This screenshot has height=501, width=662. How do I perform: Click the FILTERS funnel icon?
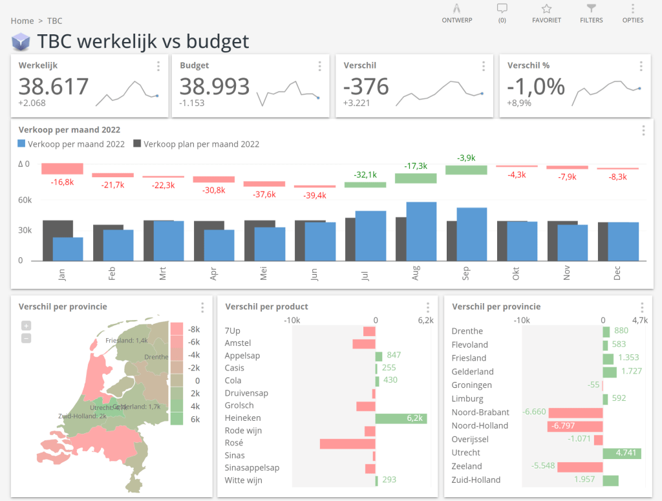(591, 9)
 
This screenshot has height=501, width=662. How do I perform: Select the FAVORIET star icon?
(546, 9)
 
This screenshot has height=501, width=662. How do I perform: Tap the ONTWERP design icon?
(456, 9)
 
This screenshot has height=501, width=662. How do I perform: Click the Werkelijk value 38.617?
(53, 86)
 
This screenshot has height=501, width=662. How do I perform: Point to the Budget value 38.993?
(215, 86)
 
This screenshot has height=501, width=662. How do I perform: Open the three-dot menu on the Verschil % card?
(641, 66)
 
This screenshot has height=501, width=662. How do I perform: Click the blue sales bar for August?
(421, 231)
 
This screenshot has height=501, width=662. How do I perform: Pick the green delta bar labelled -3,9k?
(466, 169)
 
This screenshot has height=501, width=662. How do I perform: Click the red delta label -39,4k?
(315, 196)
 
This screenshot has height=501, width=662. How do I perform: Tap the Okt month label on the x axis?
(516, 274)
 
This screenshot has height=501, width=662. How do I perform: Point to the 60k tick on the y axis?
(25, 200)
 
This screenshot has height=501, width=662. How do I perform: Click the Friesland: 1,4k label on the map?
(127, 340)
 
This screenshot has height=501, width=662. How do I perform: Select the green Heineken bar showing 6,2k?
(401, 418)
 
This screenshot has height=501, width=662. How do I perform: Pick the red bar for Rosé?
(347, 443)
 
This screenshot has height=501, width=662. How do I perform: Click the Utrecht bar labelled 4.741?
(622, 453)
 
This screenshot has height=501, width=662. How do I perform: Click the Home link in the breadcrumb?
(22, 21)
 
